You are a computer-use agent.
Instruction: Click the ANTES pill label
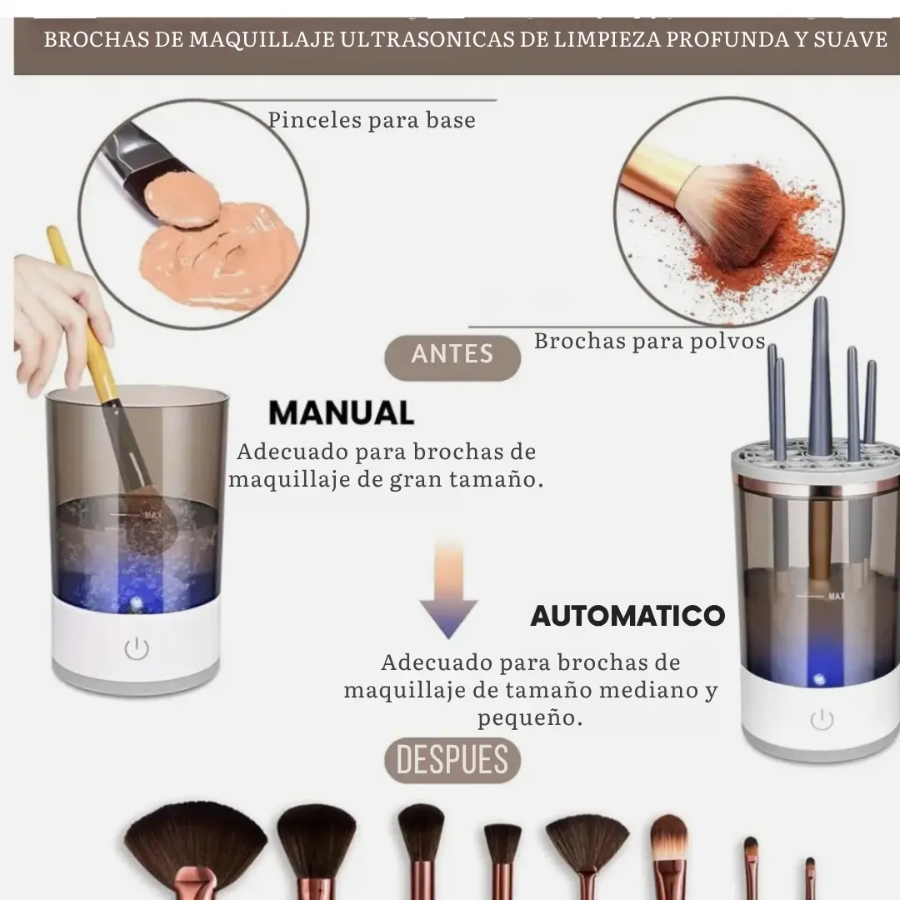[452, 357]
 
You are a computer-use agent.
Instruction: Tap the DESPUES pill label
[452, 760]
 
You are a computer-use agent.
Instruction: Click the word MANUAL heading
[342, 412]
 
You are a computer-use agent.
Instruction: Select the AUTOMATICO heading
[628, 616]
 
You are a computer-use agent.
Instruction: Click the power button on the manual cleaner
[137, 648]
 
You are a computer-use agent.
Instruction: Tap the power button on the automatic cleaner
[822, 719]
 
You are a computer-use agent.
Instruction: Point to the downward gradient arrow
[448, 590]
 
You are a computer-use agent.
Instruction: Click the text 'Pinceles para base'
[372, 120]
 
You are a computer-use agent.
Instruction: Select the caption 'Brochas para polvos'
[650, 341]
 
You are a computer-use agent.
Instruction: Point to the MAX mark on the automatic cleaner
[837, 597]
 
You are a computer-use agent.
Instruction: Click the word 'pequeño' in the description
[530, 717]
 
